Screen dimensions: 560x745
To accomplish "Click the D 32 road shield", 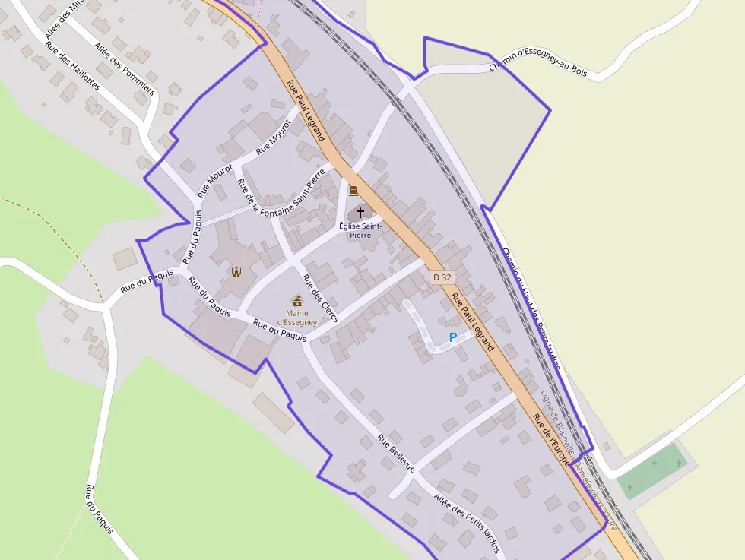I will point(442,277).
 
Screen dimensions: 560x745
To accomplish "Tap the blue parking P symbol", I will point(453,337).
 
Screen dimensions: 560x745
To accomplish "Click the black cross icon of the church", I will point(360,212).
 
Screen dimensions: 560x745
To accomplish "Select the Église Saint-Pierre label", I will point(360,230).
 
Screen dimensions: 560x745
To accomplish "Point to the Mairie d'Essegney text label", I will point(296,317).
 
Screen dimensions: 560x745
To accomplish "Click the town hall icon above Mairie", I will point(297,300).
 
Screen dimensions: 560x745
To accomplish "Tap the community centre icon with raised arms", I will point(236,271).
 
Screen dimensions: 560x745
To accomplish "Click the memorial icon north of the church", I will point(353,191).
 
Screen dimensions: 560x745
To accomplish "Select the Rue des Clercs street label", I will point(320,297).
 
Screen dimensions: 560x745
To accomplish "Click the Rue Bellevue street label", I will point(396,454).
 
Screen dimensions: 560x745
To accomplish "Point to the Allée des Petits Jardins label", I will point(467,522).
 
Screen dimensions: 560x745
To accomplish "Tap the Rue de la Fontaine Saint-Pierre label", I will point(281,195).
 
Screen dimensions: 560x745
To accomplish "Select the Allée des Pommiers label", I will point(124,68).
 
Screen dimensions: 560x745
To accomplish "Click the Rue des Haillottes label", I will point(72,65).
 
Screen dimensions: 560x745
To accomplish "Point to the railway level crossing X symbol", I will point(588,460).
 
